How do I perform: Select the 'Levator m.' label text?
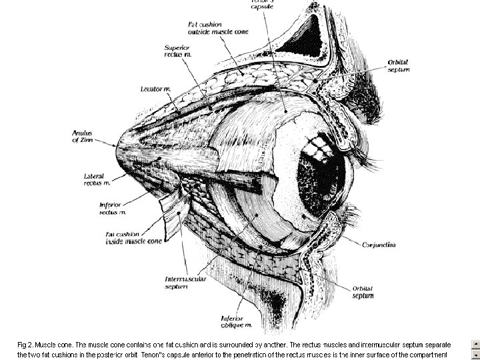[155, 88]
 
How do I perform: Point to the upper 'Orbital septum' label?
[399, 66]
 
